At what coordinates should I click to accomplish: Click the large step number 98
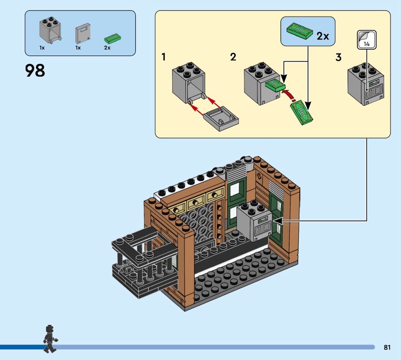pyautogui.click(x=35, y=70)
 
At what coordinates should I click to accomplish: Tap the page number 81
pyautogui.click(x=387, y=347)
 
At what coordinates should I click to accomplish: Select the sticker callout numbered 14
pyautogui.click(x=366, y=40)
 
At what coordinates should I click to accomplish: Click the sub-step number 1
pyautogui.click(x=163, y=57)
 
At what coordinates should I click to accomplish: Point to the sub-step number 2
pyautogui.click(x=233, y=57)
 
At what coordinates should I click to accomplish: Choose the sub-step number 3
pyautogui.click(x=338, y=57)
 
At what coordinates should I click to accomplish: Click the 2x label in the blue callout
pyautogui.click(x=323, y=36)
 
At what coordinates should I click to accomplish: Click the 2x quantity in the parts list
pyautogui.click(x=107, y=48)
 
